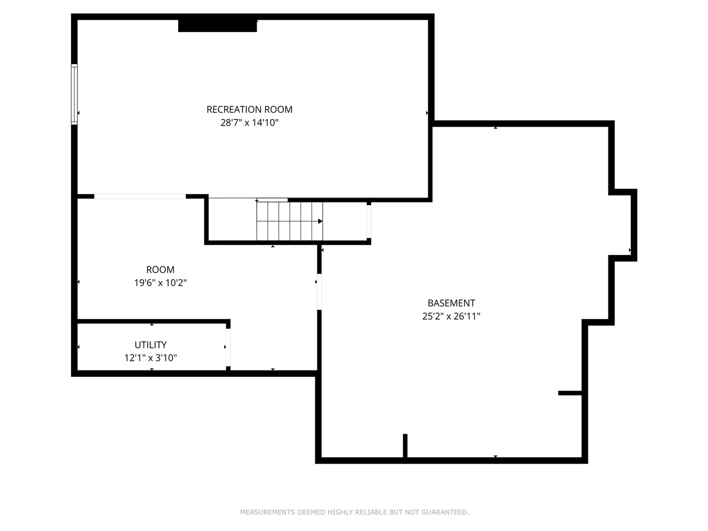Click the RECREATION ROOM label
(249, 110)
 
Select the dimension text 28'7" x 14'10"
(249, 123)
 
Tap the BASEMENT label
(451, 303)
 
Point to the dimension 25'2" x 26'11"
(451, 316)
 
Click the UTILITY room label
(150, 345)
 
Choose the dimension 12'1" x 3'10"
(150, 358)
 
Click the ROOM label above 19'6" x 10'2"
(160, 270)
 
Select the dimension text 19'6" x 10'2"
(160, 283)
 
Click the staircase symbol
(289, 221)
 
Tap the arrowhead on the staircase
(320, 221)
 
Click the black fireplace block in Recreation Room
(217, 25)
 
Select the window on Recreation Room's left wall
(74, 94)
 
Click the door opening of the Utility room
(228, 347)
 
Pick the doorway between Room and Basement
(319, 291)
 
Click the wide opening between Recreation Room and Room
(140, 196)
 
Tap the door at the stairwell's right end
(369, 222)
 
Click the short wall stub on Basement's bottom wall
(405, 445)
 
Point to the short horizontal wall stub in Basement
(570, 393)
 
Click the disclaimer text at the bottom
(354, 512)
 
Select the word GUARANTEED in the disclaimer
(445, 512)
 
